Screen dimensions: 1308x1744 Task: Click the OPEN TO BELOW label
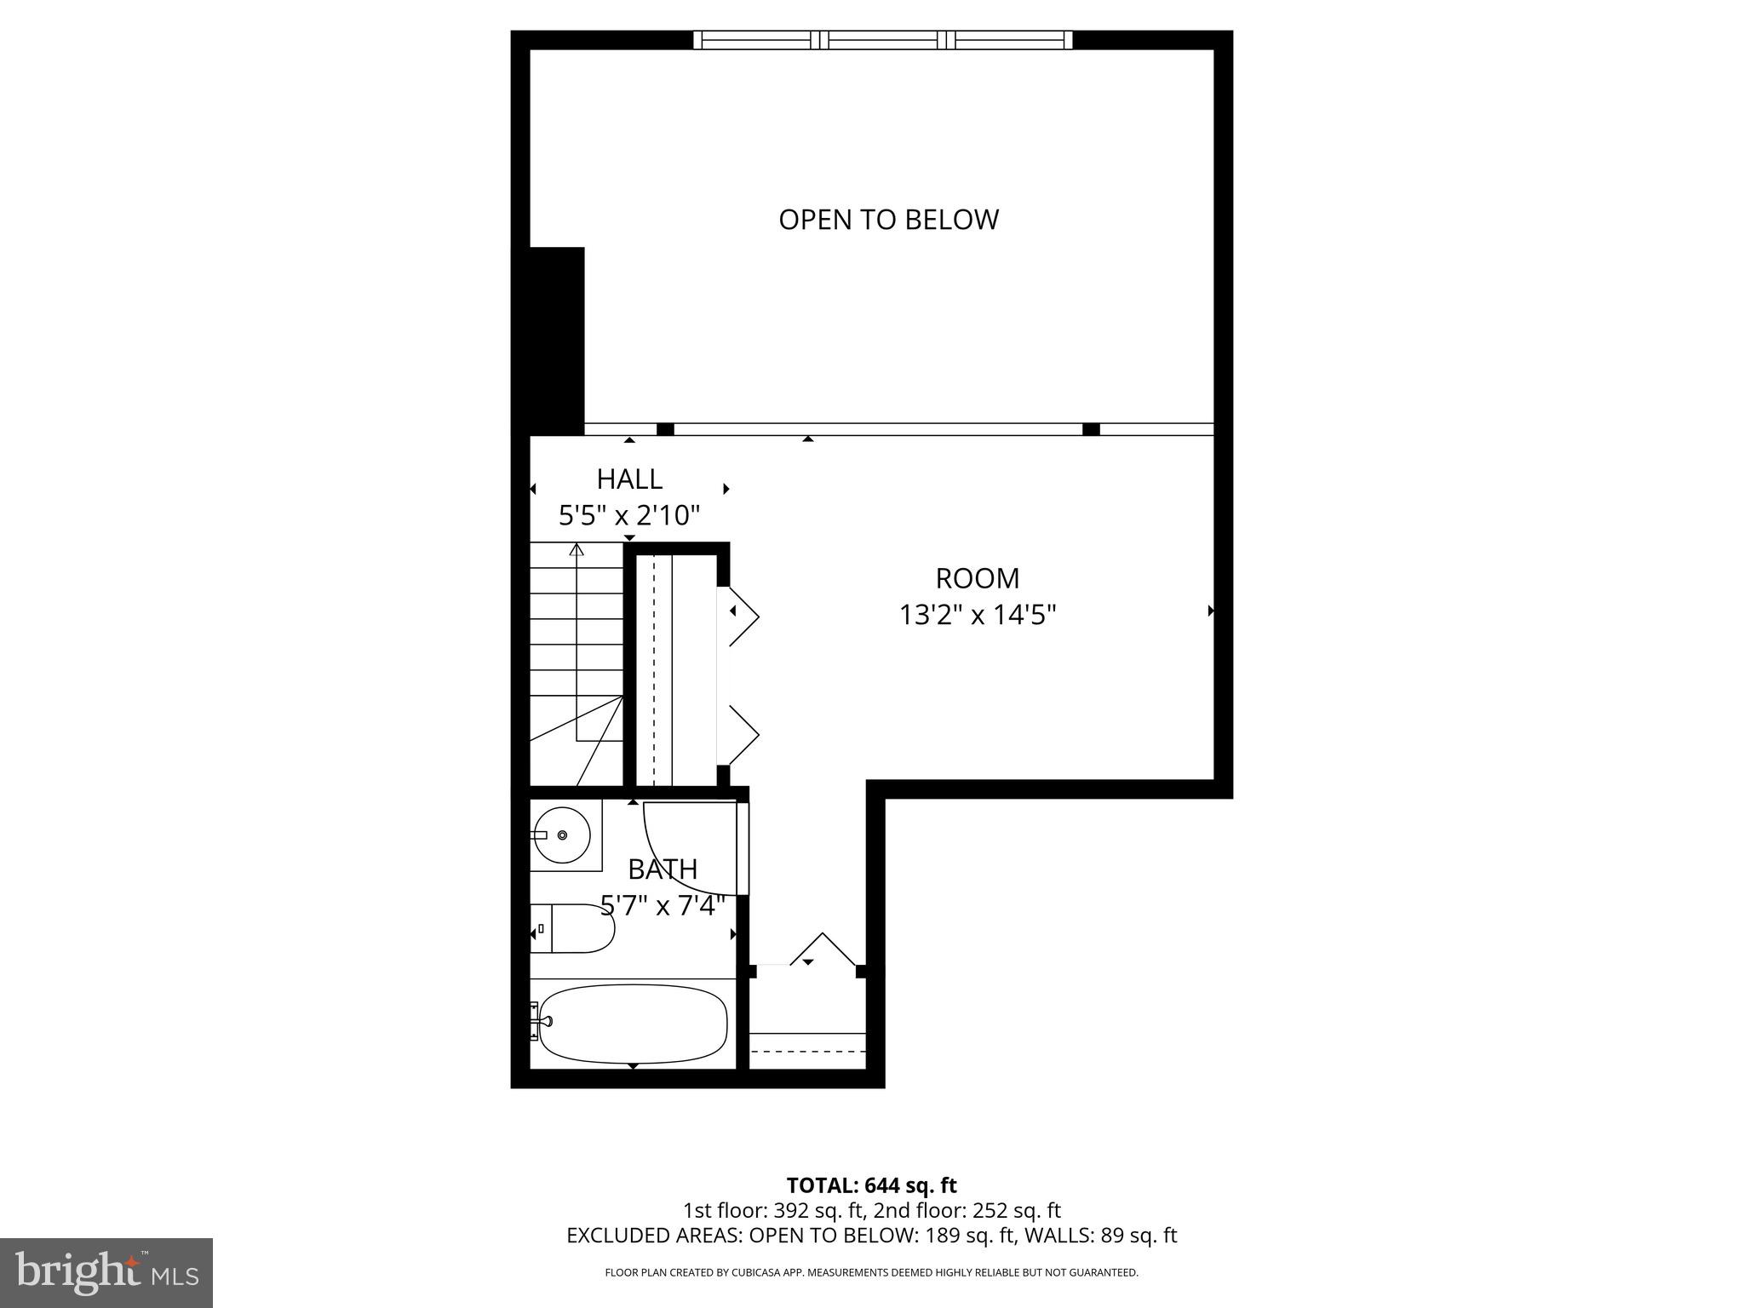[888, 220]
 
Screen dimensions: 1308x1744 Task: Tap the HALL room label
[629, 479]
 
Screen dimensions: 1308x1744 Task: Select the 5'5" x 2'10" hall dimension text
[629, 516]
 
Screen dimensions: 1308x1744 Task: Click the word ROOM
[977, 579]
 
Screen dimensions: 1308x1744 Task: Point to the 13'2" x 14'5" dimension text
[978, 615]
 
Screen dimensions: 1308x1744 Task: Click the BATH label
[663, 869]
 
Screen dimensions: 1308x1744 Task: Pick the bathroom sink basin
[562, 835]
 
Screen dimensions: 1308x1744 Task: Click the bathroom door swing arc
[673, 860]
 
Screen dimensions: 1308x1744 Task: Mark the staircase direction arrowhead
[577, 549]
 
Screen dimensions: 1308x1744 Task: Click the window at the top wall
[882, 40]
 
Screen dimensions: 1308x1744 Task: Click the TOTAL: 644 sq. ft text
[871, 1185]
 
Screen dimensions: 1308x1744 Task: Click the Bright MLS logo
[106, 1272]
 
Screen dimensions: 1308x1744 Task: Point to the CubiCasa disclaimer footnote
[871, 1273]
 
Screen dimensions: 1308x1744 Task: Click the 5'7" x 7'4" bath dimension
[663, 905]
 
